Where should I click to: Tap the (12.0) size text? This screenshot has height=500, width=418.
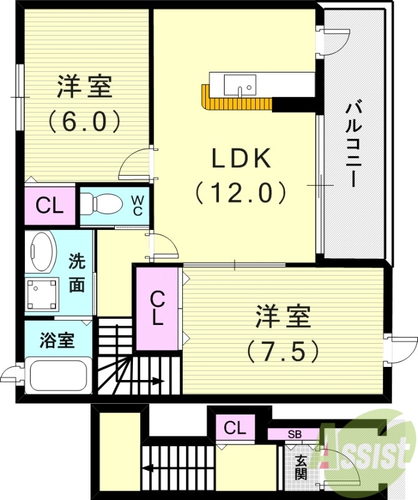pos(241,192)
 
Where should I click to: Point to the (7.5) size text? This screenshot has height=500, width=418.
pos(283,351)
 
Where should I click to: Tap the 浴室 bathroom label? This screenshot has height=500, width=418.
pos(57,341)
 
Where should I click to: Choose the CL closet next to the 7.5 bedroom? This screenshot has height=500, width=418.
pos(157,309)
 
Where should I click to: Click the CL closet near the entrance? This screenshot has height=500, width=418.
pos(235,428)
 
